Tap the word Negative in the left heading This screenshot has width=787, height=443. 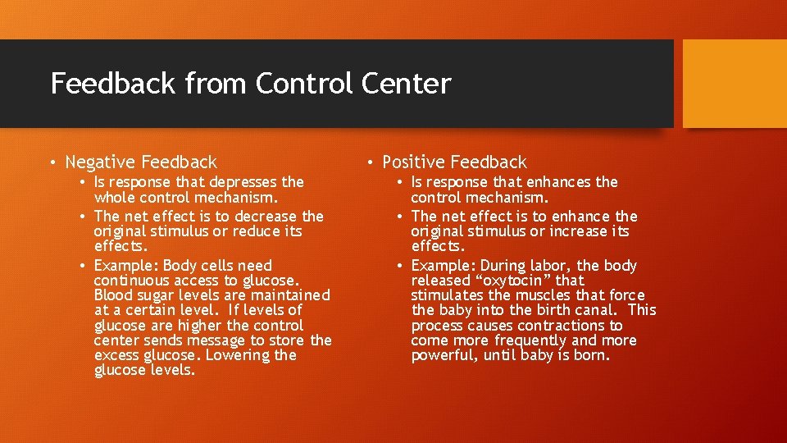pos(101,162)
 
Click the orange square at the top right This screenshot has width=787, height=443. pos(735,84)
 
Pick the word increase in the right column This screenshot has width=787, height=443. pos(577,231)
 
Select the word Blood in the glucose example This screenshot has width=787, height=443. pos(113,295)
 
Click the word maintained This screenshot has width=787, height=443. pos(289,295)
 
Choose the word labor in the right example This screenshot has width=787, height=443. pos(550,266)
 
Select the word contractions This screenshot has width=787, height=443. pos(559,326)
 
